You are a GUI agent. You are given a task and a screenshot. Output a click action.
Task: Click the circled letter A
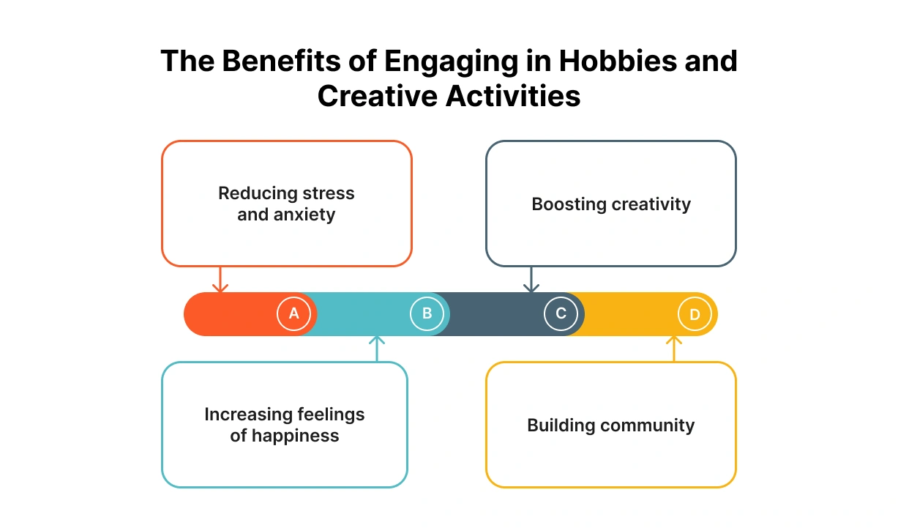coord(293,314)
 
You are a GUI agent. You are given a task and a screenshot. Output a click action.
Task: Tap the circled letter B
coord(427,314)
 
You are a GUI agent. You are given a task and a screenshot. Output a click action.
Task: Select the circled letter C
coord(561,314)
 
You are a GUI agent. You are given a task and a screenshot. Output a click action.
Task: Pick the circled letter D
coord(695,315)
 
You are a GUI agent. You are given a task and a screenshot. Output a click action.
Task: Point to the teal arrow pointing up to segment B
coord(377,348)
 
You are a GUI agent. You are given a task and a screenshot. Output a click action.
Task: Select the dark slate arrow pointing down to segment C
coord(532,280)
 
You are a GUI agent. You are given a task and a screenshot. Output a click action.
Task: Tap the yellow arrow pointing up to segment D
coord(674,348)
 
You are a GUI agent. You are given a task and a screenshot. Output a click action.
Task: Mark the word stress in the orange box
coord(329,193)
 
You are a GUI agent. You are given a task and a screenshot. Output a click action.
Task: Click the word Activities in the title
coord(512,97)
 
